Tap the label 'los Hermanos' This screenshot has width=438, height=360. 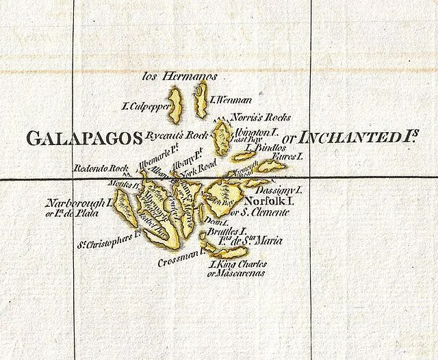(179, 77)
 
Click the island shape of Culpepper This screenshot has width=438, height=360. (176, 105)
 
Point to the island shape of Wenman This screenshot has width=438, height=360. (201, 99)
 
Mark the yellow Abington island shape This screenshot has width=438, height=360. (222, 136)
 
